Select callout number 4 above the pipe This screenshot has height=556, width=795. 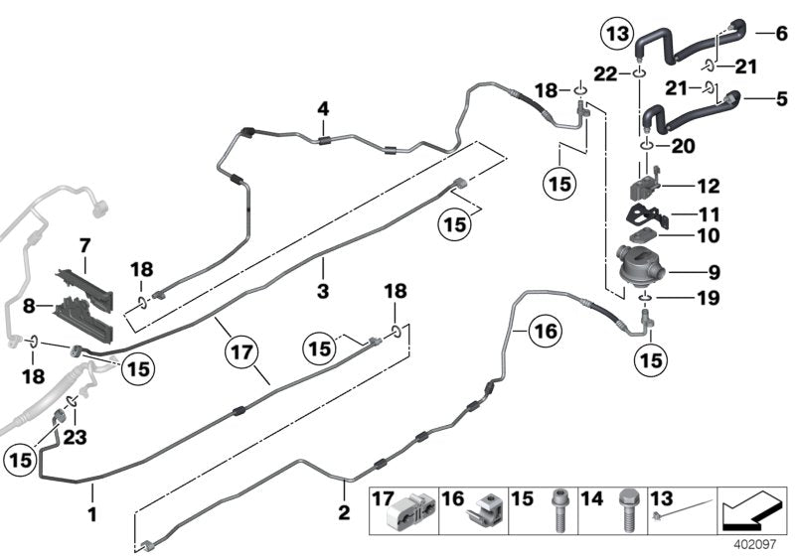click(x=322, y=107)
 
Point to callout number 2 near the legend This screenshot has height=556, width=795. click(x=344, y=513)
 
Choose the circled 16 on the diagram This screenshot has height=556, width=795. click(x=545, y=330)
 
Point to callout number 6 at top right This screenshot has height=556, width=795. click(x=780, y=32)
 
